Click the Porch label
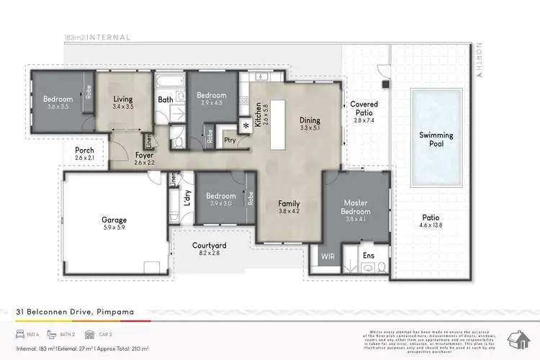(84, 150)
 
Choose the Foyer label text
(144, 155)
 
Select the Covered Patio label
(364, 109)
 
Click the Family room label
(289, 204)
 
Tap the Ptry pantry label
(229, 140)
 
